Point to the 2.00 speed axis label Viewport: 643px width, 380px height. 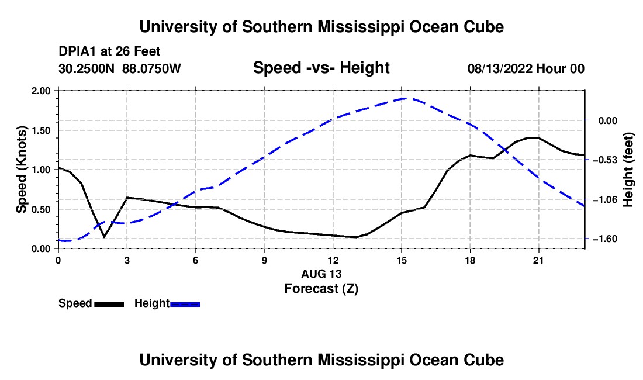point(40,91)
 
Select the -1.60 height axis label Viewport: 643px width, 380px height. point(604,239)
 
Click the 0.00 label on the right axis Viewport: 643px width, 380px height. point(608,120)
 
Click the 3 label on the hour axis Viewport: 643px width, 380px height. point(127,260)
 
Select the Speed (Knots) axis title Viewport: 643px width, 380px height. point(21,170)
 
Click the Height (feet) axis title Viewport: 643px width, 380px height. point(628,170)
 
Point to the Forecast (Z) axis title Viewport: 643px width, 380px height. point(321,289)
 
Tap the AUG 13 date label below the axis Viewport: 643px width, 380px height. point(321,274)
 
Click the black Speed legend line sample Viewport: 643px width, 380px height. point(109,304)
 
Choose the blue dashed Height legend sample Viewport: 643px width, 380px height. point(185,304)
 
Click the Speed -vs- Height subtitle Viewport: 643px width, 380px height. point(321,68)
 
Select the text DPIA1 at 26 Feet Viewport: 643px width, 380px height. point(109,51)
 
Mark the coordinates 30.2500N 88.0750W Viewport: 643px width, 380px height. point(120,68)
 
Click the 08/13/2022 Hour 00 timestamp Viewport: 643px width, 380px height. point(526,68)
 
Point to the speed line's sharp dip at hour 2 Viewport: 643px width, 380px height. point(105,237)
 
